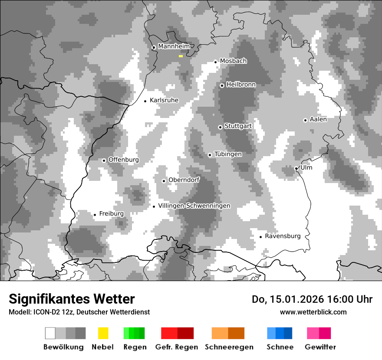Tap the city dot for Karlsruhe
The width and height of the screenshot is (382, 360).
pos(145,101)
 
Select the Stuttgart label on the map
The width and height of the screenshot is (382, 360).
pos(238,126)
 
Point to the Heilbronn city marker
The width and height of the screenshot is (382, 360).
pos(222,85)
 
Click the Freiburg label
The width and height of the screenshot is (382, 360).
pos(111,214)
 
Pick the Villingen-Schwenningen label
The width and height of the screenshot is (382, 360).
pos(194,206)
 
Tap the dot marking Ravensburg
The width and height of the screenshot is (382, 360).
pos(260,237)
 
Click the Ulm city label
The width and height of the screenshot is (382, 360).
pos(306,168)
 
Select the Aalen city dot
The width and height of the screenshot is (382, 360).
pos(305,120)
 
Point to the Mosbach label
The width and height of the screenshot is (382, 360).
pos(233,61)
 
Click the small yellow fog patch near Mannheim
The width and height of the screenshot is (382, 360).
pos(181,56)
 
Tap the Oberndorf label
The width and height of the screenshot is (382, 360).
pos(184,180)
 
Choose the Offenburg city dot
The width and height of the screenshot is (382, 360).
pos(104,160)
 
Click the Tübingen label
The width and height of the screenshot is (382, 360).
pos(228,154)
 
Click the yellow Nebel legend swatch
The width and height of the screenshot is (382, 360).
pos(103,333)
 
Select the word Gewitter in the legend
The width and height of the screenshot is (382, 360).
pos(320,347)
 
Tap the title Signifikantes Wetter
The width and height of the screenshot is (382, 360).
pos(72,299)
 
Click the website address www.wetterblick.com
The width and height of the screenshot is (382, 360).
pos(313,312)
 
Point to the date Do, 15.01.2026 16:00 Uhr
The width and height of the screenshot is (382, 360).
pos(312,299)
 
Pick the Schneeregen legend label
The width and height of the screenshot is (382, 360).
pos(229,347)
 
